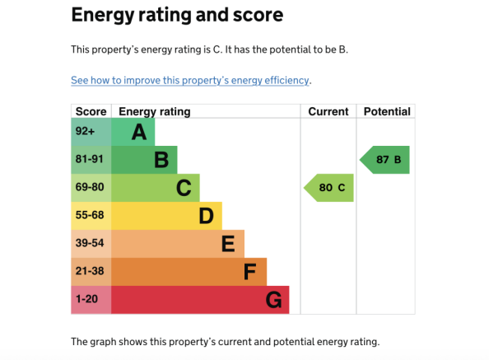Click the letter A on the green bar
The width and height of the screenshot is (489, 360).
139,132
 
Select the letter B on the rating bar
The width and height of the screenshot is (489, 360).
161,160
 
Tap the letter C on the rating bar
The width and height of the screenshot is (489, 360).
184,188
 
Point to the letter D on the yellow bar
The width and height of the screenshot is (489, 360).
206,216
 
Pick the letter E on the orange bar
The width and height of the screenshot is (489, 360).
228,244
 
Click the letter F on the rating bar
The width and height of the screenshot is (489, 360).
249,272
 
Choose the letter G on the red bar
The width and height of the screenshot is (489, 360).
274,300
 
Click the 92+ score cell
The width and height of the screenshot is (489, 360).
85,131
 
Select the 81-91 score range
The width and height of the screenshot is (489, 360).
89,159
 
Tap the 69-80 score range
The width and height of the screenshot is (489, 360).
90,187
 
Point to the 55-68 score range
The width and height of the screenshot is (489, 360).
90,215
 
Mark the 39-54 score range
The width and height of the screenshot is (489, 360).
90,243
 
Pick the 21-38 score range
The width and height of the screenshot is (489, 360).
90,271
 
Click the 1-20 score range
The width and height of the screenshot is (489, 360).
86,299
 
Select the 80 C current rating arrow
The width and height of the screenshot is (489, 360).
328,188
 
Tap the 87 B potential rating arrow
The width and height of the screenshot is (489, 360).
384,160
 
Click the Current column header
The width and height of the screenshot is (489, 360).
328,111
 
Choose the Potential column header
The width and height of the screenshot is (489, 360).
387,111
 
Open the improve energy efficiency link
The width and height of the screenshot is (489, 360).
190,81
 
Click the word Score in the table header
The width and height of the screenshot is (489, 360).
91,111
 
